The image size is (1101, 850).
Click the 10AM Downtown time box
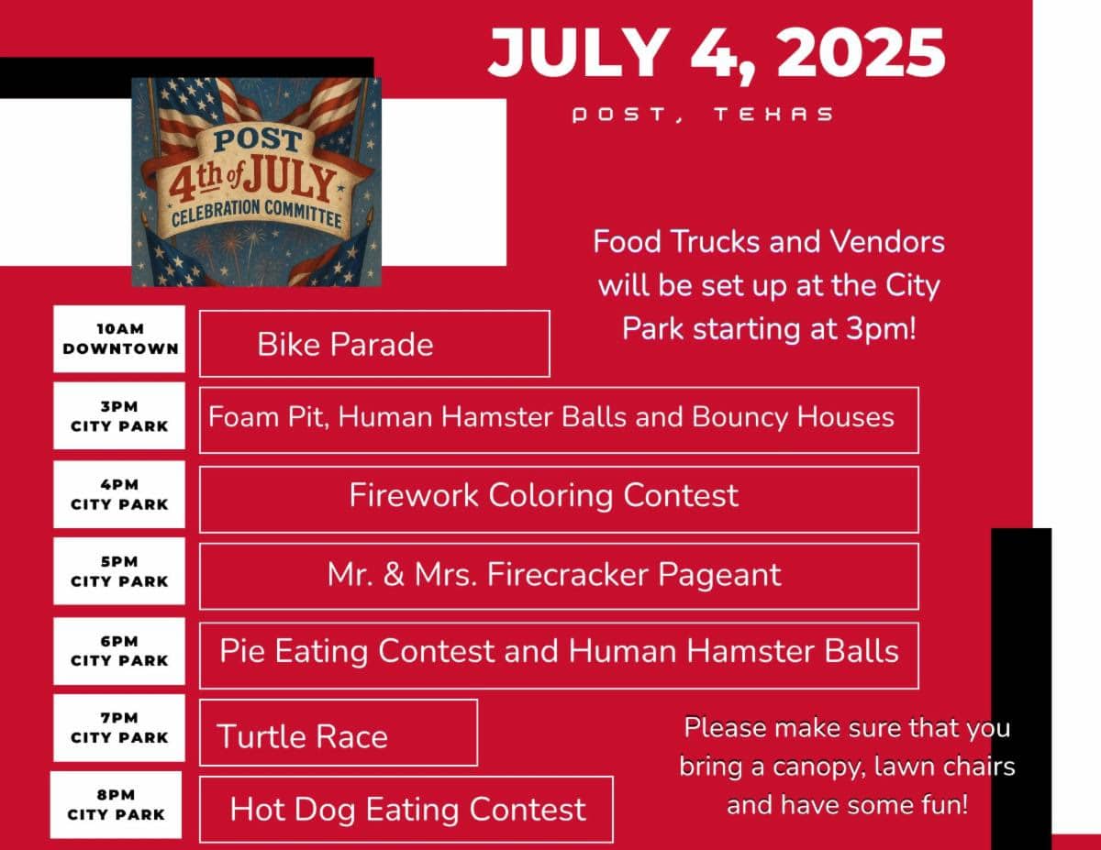point(119,338)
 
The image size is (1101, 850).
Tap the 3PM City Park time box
point(119,415)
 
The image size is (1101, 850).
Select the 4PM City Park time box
point(119,494)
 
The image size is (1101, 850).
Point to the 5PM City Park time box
point(119,571)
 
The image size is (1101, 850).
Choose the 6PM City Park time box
point(119,651)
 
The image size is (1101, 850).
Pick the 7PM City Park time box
point(119,727)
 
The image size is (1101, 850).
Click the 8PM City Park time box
point(116,804)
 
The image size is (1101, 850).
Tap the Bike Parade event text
point(345,345)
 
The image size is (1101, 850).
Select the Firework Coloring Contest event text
point(544,495)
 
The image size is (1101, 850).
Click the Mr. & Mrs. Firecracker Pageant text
point(554,575)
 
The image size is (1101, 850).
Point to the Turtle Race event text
point(302,736)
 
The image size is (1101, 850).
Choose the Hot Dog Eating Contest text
point(408,809)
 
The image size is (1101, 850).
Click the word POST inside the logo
point(258,140)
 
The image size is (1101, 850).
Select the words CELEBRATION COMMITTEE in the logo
point(256,214)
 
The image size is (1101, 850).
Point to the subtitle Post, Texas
point(703,115)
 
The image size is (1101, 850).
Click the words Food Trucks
point(677,241)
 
